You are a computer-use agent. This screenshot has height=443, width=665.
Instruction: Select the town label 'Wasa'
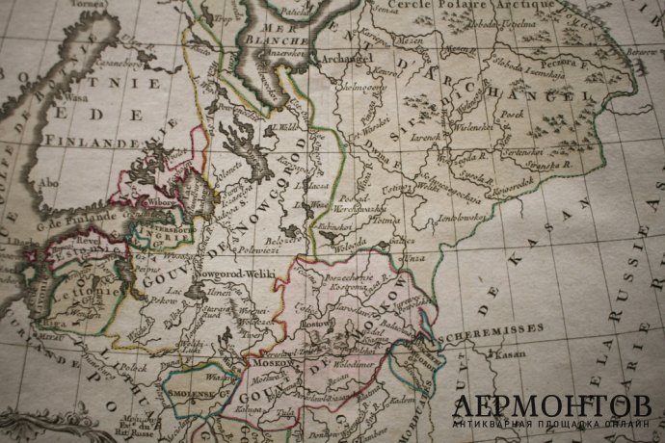(x=69, y=97)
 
